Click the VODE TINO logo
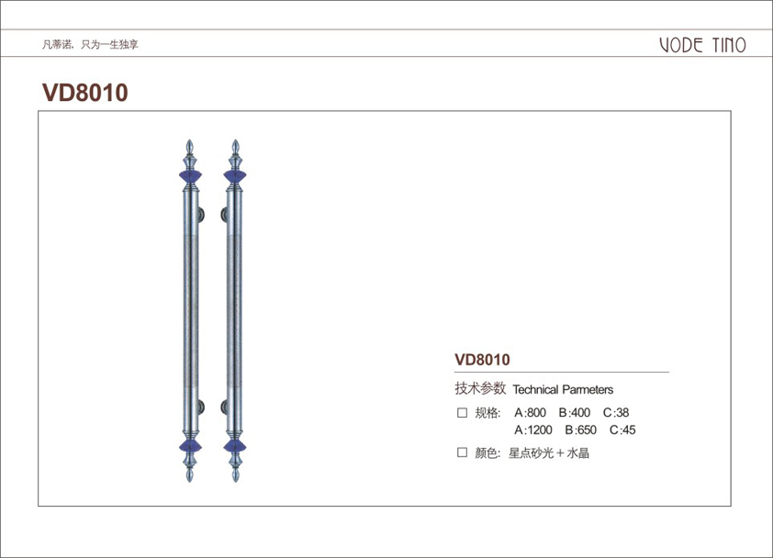coord(702,45)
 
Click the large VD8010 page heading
coord(85,93)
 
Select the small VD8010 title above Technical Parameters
coord(482,360)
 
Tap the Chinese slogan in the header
coord(90,44)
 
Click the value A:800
coord(530,413)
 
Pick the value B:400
coord(575,413)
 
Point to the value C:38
coord(616,413)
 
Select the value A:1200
coord(532,430)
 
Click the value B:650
coord(581,430)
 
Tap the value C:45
coord(622,430)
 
